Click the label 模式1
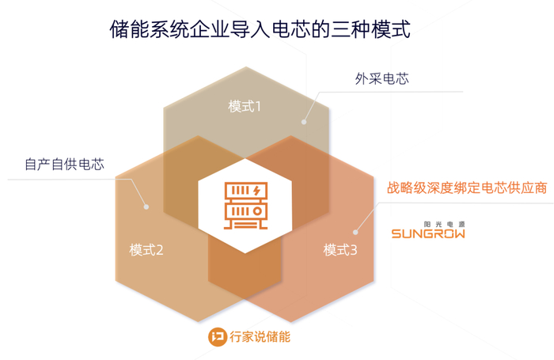(x=245, y=106)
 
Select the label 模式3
(x=341, y=250)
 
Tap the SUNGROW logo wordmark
(x=428, y=233)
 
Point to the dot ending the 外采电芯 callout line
(x=303, y=121)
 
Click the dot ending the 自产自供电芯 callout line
(x=146, y=207)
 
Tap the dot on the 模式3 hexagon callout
(x=356, y=232)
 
